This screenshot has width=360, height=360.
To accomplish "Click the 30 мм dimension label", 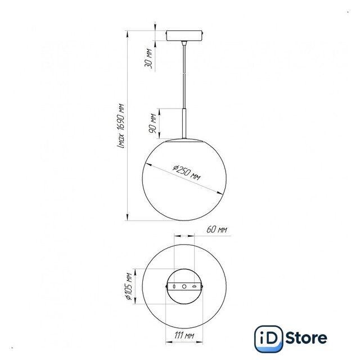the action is click(148, 58).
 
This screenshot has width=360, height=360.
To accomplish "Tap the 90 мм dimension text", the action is click(152, 123).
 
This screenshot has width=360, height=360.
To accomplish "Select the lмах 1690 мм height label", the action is click(120, 126).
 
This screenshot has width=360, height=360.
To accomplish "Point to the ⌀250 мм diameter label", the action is click(187, 173).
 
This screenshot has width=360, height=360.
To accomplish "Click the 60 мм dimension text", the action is click(217, 229).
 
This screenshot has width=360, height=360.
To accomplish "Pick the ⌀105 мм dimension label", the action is click(128, 286).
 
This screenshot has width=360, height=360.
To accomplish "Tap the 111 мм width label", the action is click(184, 336).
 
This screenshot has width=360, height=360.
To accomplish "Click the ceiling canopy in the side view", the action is click(184, 36).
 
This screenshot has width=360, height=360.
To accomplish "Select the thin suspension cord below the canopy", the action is click(184, 76).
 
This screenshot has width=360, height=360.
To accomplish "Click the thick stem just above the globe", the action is click(184, 124).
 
